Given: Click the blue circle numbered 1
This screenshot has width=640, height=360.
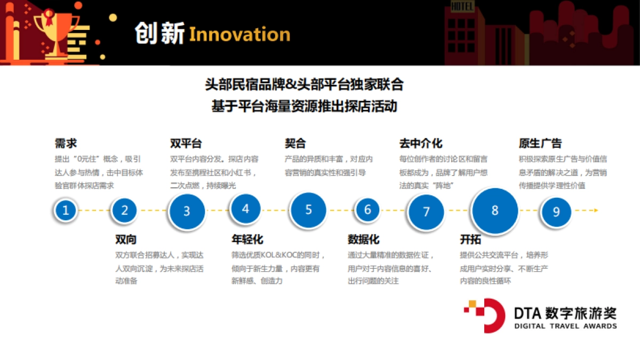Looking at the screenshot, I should (66, 210).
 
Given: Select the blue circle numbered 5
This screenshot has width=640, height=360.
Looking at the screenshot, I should (308, 210).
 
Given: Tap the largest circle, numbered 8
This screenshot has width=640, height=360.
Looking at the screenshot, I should (495, 210).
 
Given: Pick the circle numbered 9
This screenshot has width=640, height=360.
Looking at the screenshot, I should (556, 212).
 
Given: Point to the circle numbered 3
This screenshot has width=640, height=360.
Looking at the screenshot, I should (187, 211).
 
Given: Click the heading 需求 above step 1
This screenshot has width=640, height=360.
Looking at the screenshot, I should (66, 143).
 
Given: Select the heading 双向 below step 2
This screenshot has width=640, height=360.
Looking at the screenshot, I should (126, 239).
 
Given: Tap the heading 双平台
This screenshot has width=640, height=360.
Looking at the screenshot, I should (186, 143).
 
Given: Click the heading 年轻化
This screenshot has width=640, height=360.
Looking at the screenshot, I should (247, 239).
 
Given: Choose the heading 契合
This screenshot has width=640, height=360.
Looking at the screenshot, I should (295, 143).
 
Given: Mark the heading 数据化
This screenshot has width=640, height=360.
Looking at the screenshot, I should (363, 239).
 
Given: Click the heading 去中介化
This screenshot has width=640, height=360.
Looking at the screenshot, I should (421, 143).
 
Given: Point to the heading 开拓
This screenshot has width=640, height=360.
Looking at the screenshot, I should (470, 239).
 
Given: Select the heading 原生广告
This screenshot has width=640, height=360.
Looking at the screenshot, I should (540, 143).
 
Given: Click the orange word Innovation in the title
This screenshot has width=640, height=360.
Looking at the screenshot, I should (239, 35).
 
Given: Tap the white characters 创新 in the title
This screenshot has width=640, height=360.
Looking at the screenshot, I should (158, 34).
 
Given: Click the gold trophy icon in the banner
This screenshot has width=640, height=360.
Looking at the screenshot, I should (53, 29).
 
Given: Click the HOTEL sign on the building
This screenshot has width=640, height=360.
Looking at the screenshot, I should (462, 6).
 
